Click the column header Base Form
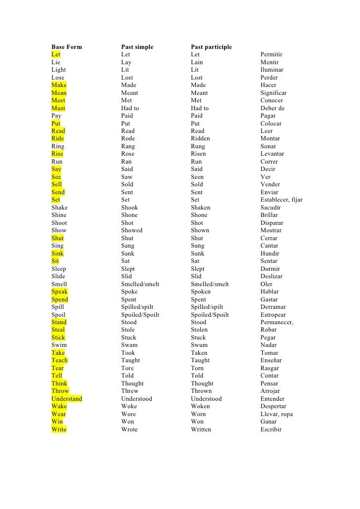[67, 47]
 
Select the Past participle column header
[211, 47]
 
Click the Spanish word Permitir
[271, 54]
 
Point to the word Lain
[197, 62]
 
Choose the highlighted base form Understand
[67, 399]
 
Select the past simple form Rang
[128, 146]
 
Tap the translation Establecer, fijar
[281, 200]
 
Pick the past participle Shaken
[200, 208]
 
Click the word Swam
[129, 345]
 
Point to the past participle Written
[201, 429]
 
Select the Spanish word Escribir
[271, 429]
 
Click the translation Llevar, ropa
[276, 414]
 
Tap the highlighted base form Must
[58, 108]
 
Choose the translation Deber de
[272, 108]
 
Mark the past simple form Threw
[130, 391]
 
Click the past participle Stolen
[199, 330]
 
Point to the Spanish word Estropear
[273, 314]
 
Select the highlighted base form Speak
[60, 292]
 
